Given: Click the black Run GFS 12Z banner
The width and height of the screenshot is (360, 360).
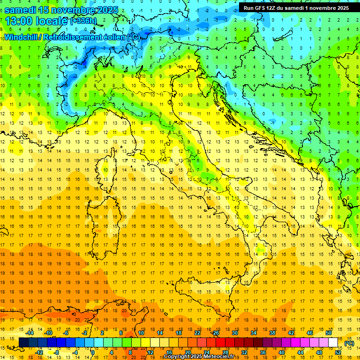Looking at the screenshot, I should click(x=296, y=7).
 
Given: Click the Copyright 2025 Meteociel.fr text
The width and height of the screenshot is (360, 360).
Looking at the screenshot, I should click(x=202, y=357).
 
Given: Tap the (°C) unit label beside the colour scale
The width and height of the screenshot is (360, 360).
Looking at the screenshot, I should click(x=349, y=344).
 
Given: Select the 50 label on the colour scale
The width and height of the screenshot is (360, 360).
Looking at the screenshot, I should click(x=329, y=333).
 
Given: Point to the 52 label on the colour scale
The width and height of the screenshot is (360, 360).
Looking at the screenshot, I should click(x=338, y=352).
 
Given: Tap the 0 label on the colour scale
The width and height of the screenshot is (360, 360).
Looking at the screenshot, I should click(x=93, y=352).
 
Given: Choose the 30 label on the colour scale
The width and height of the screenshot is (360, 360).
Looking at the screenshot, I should click(x=235, y=333).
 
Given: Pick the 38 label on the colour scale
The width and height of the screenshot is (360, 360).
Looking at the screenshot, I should click(x=272, y=333).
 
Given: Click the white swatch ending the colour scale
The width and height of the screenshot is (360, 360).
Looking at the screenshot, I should click(x=333, y=343).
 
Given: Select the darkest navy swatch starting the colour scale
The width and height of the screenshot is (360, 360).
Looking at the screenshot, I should click(x=23, y=343).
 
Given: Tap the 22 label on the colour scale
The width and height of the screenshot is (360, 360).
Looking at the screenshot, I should click(x=197, y=333).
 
